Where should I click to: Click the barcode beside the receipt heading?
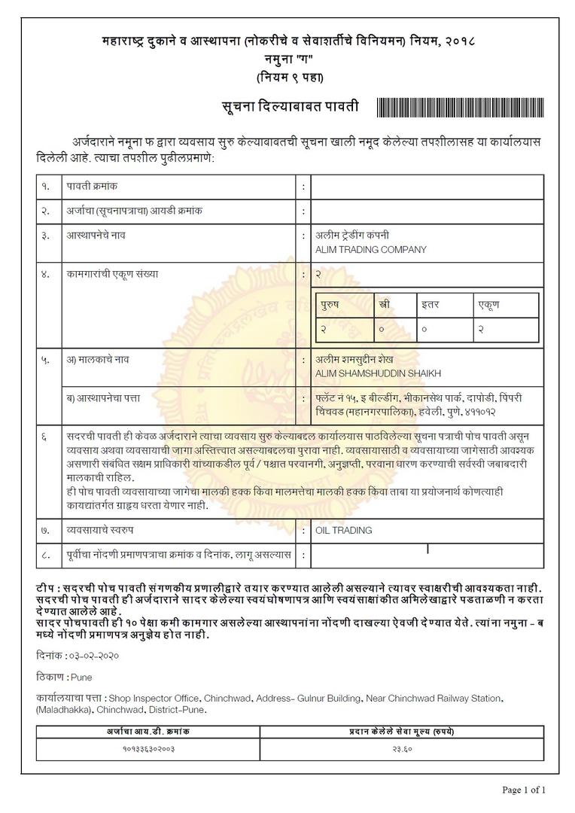[458, 107]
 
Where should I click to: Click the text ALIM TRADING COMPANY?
[370, 250]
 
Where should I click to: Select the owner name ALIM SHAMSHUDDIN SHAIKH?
[378, 373]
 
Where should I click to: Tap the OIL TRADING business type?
[343, 531]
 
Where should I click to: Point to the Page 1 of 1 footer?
[524, 790]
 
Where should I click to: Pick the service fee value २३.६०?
[401, 749]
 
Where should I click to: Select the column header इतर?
[430, 305]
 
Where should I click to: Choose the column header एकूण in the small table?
[489, 305]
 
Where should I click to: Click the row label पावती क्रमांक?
[92, 185]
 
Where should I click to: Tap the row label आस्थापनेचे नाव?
[96, 236]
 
